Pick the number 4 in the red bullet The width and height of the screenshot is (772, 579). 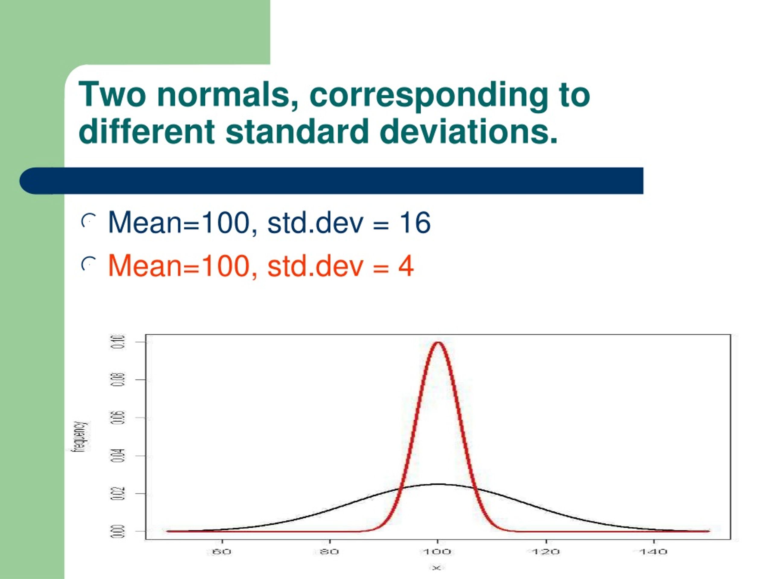(x=406, y=266)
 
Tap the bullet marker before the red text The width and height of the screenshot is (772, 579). (x=88, y=264)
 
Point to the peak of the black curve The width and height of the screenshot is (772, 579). (x=438, y=484)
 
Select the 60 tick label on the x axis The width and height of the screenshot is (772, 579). (x=222, y=552)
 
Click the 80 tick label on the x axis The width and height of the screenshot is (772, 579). (x=330, y=552)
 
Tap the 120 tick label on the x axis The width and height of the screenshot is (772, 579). (x=546, y=552)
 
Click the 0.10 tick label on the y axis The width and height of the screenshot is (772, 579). (x=118, y=342)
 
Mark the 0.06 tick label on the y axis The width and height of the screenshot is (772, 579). (x=118, y=418)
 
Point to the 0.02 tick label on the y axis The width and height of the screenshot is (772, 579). (x=118, y=493)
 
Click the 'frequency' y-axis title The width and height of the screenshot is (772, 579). (x=80, y=436)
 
